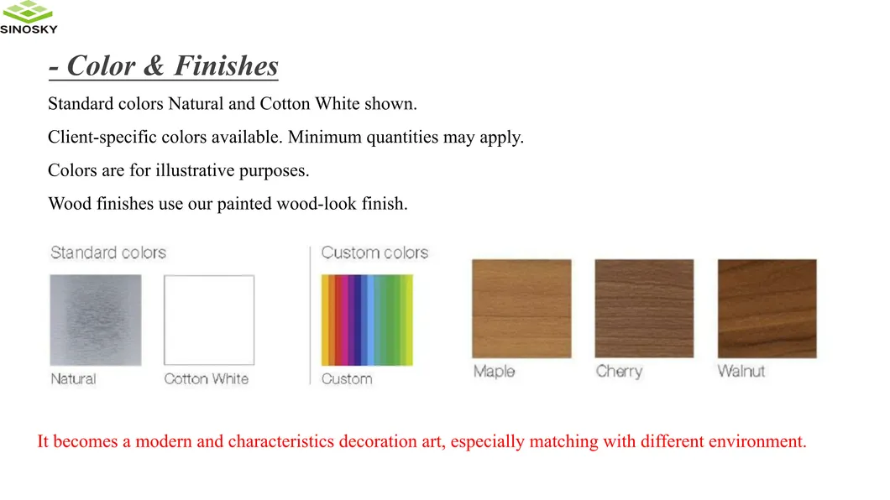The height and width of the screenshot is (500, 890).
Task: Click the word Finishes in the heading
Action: pos(226,65)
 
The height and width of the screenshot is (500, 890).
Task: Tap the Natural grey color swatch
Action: pos(96,320)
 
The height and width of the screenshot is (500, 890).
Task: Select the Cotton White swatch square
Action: pos(209,320)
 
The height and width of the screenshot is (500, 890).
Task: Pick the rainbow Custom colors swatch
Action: pos(368,320)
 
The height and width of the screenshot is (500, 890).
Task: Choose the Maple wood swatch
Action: pos(521,309)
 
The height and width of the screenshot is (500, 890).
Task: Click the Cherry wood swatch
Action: pos(644,309)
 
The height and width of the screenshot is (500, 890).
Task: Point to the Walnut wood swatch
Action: pos(767,309)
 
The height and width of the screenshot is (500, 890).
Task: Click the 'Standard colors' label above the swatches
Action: pos(108,253)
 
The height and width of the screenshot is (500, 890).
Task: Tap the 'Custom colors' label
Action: pos(374,253)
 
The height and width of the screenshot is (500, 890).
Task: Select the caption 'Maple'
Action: pos(494,371)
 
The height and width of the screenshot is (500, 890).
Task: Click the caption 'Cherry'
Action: pos(619,371)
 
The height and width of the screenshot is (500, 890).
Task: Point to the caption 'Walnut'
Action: pos(741,371)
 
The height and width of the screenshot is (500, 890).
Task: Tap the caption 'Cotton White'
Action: pos(207,379)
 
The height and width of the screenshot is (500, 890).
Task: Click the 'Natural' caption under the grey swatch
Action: pos(73,379)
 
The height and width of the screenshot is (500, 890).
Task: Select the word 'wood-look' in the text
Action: pos(317,204)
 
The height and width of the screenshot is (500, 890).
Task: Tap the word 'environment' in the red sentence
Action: pos(756,441)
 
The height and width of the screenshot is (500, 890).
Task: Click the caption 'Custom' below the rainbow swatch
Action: pos(347,379)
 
